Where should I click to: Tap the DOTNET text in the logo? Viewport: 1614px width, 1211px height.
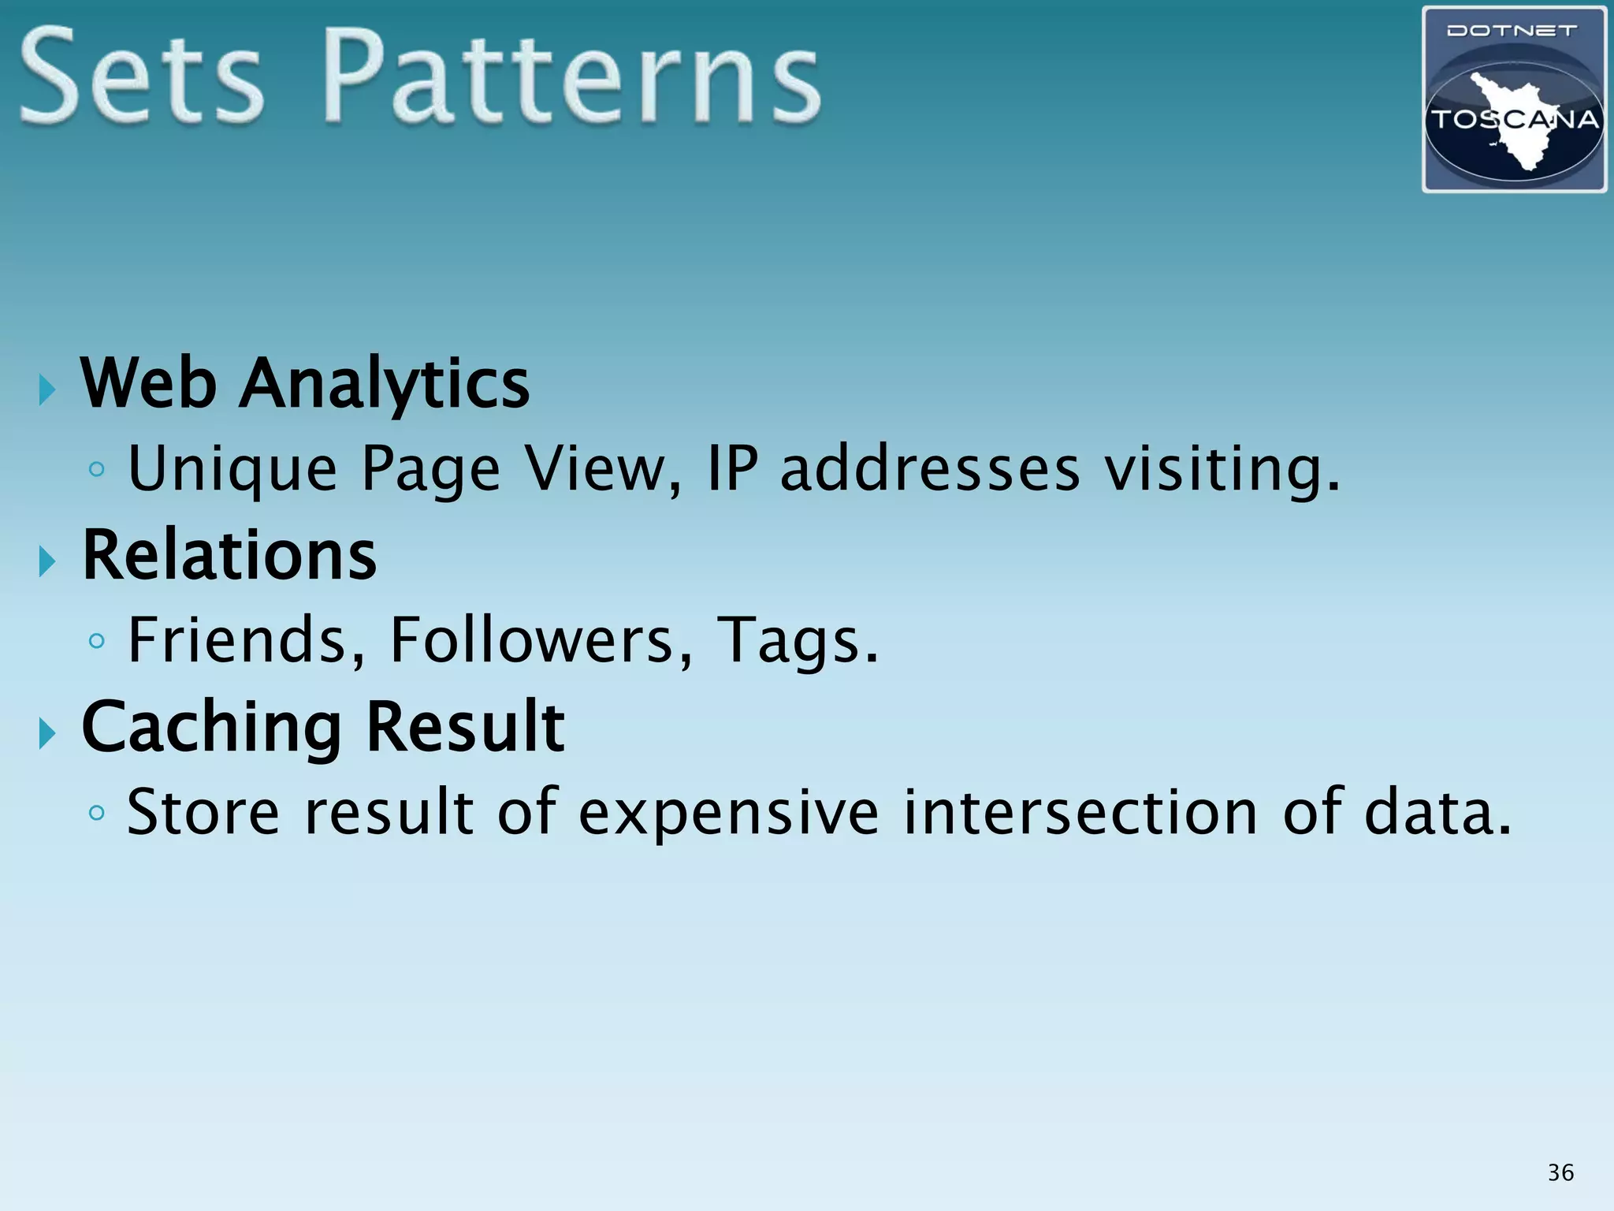point(1512,32)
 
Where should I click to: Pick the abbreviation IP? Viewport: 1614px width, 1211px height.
point(732,468)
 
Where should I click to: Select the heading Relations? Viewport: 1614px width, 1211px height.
point(229,555)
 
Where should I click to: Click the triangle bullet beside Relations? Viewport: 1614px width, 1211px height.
point(47,561)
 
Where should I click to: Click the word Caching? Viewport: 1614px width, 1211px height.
point(212,728)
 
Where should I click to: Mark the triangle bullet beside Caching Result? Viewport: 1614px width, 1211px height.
point(47,734)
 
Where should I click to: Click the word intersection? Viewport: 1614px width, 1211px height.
point(1080,811)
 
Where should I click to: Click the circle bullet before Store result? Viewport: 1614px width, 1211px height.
point(97,812)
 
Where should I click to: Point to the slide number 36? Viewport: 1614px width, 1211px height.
point(1560,1172)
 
